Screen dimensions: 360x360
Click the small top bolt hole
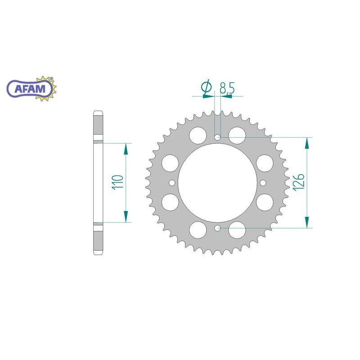pos(218,137)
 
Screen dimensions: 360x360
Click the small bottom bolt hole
pos(218,229)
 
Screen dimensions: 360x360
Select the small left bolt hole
pos(171,183)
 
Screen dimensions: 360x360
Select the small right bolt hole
pos(264,183)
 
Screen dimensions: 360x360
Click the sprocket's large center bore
pos(217,183)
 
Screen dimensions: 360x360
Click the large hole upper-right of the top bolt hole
pos(237,135)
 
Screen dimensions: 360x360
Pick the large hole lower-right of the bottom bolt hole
pos(237,230)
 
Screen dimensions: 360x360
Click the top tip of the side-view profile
pos(99,111)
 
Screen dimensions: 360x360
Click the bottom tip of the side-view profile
pos(99,255)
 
